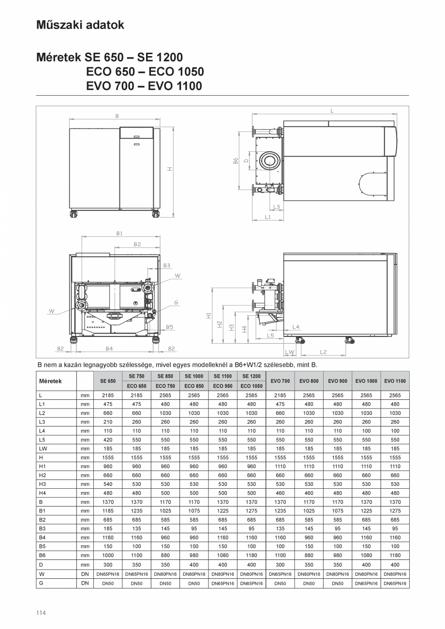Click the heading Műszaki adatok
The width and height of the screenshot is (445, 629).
pos(80,25)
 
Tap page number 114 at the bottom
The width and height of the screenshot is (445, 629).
pos(41,613)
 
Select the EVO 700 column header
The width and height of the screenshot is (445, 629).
pos(280,381)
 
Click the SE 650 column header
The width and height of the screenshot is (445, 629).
pos(108,381)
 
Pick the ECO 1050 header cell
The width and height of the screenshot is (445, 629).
pos(252,386)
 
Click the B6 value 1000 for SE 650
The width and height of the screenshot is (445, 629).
pos(108,556)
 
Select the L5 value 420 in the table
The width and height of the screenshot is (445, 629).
pos(108,440)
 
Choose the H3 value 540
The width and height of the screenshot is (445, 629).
pos(108,484)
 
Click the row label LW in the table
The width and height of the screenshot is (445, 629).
pos(43,449)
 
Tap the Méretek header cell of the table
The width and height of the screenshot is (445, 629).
pos(50,381)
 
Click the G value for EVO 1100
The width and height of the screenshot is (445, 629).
pos(395,584)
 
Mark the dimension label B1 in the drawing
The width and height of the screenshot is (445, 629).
pos(119,233)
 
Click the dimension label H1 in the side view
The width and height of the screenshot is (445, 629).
pos(208,315)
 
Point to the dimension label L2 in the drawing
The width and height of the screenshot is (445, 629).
pos(323,352)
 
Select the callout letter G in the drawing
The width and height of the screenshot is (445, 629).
pos(177,303)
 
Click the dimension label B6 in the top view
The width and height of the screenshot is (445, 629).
pos(235,161)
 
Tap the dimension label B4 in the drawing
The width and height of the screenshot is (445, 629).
pos(109,348)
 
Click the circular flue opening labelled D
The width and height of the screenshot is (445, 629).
pos(267,161)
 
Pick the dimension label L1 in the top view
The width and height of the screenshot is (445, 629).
pos(267,218)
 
